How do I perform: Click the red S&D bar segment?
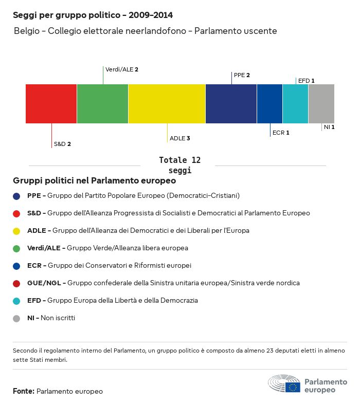(x=51, y=104)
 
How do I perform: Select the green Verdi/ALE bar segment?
(x=103, y=104)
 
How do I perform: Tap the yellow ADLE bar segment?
(x=167, y=104)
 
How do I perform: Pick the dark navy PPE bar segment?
(x=231, y=104)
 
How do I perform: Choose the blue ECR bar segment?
(x=269, y=104)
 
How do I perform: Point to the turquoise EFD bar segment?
(x=296, y=104)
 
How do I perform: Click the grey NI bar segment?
(x=321, y=104)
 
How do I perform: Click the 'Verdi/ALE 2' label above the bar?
(x=122, y=69)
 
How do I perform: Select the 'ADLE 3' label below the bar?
(x=179, y=138)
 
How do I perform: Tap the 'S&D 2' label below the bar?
(x=62, y=144)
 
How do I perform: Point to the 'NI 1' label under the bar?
(x=329, y=127)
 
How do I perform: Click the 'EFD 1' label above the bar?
(x=307, y=81)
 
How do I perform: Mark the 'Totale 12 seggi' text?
(x=179, y=165)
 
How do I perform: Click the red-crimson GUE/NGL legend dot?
(x=16, y=284)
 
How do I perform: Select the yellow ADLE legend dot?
(x=16, y=231)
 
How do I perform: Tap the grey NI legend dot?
(x=16, y=319)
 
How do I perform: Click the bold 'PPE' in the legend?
(x=34, y=195)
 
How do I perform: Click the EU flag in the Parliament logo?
(x=293, y=387)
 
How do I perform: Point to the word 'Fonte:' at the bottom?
(x=24, y=391)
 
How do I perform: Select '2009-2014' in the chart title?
(x=151, y=15)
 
